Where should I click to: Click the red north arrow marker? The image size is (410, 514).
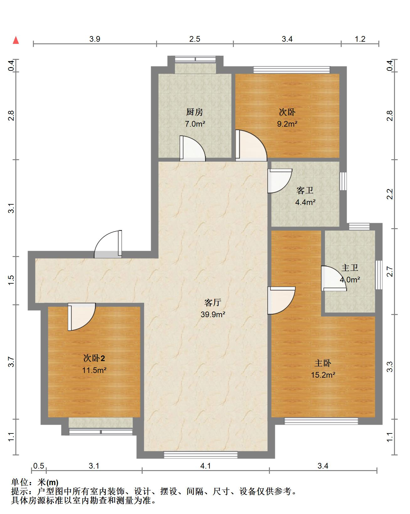16,40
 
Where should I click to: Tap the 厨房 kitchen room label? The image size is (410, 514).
194,112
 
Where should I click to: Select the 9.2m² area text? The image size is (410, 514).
287,124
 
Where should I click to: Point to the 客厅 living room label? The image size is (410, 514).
213,303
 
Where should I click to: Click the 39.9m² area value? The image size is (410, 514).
213,314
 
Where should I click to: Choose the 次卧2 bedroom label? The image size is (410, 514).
94,358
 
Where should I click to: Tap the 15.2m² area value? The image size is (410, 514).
323,375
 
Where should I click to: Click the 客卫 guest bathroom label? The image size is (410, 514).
305,190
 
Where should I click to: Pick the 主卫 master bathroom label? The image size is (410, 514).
350,268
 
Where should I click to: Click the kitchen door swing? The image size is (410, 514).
192,148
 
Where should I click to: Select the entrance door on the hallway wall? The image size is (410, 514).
108,244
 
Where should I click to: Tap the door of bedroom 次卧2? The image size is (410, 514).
82,317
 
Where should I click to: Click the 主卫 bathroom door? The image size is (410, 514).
334,279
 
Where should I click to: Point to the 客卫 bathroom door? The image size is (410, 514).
280,181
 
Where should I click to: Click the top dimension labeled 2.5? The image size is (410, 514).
195,39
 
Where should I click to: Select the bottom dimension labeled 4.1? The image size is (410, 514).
206,466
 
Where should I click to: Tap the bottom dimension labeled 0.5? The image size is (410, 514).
39,466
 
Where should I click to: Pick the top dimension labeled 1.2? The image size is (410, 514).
360,39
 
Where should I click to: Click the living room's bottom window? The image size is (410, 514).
201,454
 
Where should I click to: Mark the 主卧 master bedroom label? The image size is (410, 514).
323,363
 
